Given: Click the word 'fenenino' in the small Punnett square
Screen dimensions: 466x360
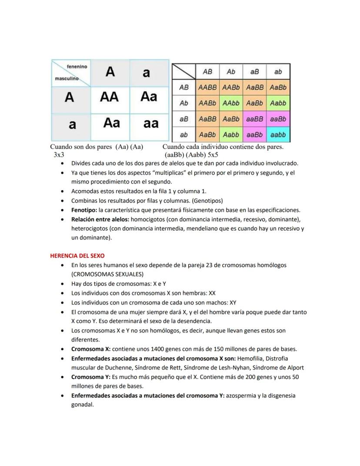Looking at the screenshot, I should tap(77, 67).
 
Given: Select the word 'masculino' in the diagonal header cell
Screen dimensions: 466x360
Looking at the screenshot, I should tap(67, 79).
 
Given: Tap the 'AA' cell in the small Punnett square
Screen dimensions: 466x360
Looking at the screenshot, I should tap(110, 97).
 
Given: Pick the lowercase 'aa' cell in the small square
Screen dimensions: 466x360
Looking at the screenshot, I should tap(151, 124).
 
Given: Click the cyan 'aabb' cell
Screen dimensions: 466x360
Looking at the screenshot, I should tap(278, 135).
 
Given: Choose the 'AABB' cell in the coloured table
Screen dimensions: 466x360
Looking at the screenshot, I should tap(207, 87).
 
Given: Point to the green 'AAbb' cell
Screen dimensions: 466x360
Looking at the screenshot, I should tap(231, 104).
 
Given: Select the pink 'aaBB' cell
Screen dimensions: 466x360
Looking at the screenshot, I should tap(254, 119).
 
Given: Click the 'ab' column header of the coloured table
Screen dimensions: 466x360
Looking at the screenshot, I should tap(278, 72).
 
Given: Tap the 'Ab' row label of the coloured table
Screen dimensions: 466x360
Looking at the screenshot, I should tap(184, 104).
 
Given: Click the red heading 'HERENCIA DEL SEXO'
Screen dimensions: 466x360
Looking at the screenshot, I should tap(77, 256).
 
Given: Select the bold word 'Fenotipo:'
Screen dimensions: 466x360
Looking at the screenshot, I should tap(84, 210).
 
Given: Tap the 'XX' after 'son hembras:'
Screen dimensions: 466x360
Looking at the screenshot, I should tap(212, 293).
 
